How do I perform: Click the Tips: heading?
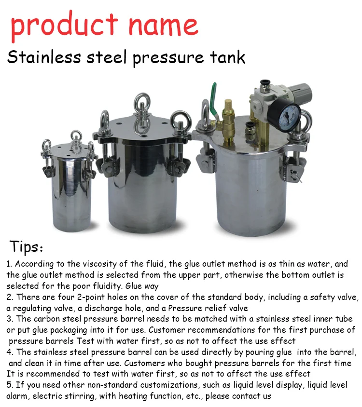(x=27, y=247)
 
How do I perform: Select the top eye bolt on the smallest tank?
(x=76, y=137)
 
